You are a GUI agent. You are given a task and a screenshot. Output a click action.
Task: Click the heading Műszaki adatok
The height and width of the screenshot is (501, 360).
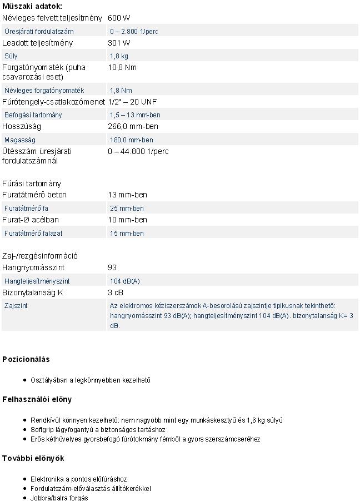[x=32, y=6]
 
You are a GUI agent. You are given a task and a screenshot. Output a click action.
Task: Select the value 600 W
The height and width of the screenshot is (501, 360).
[x=119, y=18]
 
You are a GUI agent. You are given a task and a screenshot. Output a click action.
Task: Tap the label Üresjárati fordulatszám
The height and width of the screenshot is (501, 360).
[x=39, y=31]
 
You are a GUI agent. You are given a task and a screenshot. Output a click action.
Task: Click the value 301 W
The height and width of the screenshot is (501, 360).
[x=119, y=43]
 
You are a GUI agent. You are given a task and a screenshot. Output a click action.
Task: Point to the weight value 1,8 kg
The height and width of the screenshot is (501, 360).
[x=119, y=56]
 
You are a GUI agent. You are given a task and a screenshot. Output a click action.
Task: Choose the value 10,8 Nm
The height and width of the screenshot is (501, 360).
[x=122, y=67]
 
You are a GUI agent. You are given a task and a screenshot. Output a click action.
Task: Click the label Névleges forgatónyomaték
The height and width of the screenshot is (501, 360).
[x=44, y=90]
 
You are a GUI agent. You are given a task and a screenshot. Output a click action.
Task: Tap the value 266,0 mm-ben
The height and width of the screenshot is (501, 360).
[x=133, y=126]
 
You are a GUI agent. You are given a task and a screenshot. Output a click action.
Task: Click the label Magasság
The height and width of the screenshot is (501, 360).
[x=20, y=140]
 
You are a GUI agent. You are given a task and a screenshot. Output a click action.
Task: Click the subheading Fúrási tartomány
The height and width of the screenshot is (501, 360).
[x=32, y=183]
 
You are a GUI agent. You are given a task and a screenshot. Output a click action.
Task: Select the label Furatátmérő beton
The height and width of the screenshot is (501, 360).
[x=34, y=195]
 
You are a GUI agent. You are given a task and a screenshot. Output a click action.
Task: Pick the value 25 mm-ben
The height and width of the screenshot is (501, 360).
[x=127, y=208]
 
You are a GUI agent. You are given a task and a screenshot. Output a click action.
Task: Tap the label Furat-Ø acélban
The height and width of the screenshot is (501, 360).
[x=31, y=220]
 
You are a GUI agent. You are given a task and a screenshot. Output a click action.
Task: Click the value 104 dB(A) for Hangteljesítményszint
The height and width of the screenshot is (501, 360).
[x=124, y=281]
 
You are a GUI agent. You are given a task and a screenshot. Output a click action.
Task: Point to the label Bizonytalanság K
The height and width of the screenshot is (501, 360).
[x=33, y=292]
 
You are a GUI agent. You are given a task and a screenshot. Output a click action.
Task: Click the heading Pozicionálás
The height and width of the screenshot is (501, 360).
[x=26, y=359]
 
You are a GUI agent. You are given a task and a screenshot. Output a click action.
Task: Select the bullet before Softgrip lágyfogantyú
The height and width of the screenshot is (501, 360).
[x=26, y=430]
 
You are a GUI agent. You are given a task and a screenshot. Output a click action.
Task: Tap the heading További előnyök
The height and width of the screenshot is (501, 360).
[x=33, y=458]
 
